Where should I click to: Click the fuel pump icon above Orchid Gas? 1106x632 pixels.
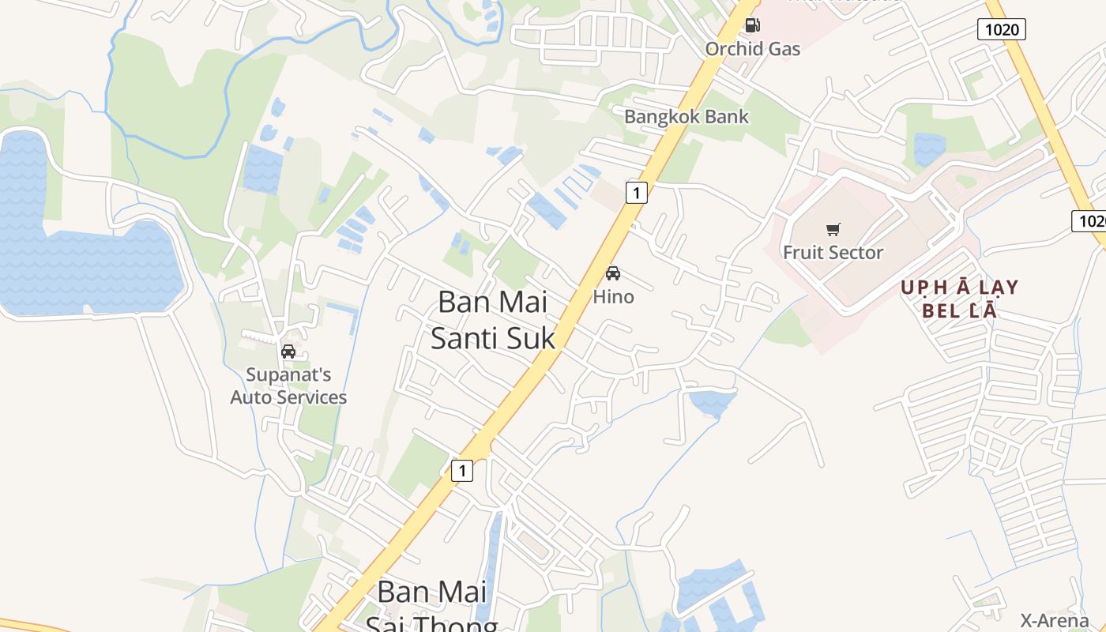[753, 25]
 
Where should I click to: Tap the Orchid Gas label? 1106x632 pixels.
[752, 49]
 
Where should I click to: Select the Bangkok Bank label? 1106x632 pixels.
[687, 117]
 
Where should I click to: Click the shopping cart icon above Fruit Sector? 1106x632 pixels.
[833, 230]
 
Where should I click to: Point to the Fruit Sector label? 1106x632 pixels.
[833, 253]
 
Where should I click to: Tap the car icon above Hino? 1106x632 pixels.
[613, 273]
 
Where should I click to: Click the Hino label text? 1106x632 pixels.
[613, 297]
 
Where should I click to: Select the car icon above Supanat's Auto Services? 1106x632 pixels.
[288, 352]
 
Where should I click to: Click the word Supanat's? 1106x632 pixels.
[288, 374]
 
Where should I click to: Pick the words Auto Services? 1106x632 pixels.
[288, 397]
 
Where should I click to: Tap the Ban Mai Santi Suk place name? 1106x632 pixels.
[493, 320]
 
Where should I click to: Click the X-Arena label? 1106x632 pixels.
[1054, 620]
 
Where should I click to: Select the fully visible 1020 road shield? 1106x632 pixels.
[1002, 30]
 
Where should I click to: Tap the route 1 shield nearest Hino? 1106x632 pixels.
[636, 192]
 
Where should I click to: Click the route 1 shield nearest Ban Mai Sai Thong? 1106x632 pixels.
[461, 471]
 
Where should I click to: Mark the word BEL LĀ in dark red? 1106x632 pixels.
[960, 310]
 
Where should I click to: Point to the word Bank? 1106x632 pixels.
[725, 117]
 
